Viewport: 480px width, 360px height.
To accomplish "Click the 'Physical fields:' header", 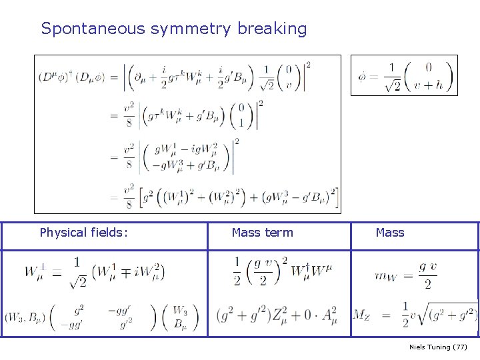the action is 84,233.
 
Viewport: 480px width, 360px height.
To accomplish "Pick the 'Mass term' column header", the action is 262,233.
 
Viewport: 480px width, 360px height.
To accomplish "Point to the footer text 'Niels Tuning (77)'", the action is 438,347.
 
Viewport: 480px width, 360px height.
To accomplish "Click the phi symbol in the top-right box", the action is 362,77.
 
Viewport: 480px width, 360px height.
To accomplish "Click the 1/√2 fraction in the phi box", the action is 391,77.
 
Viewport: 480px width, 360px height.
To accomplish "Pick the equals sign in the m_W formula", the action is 406,275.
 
